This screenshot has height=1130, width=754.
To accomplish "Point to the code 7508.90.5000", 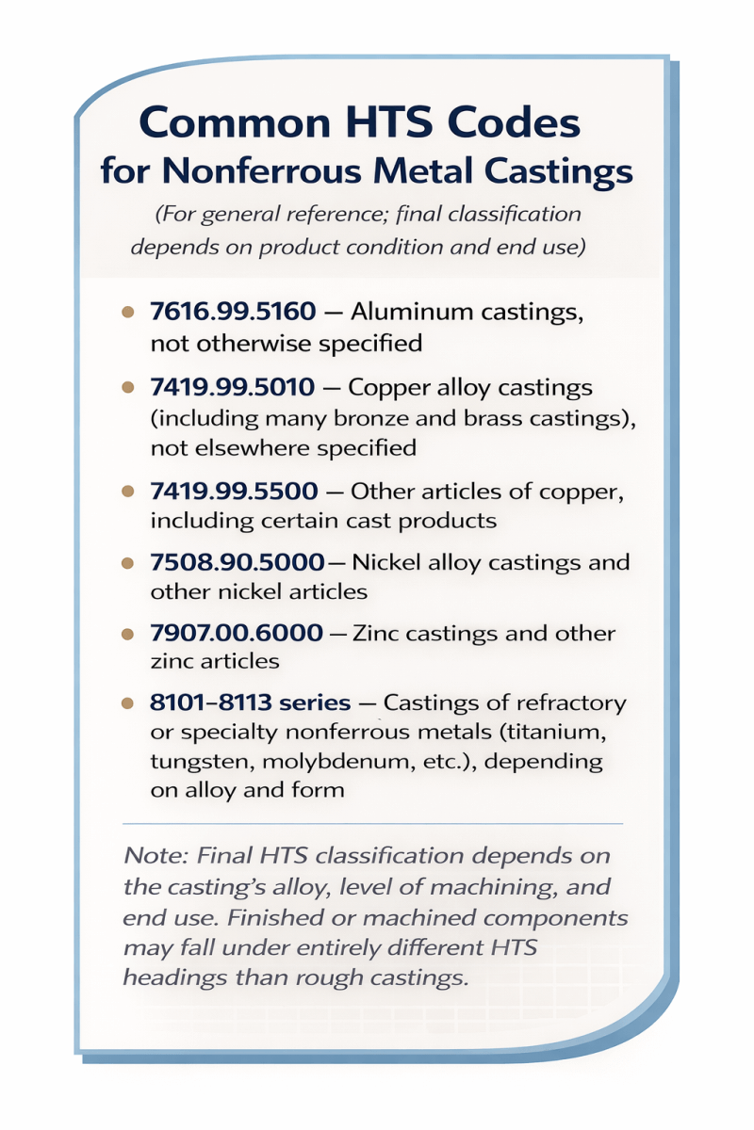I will (237, 562).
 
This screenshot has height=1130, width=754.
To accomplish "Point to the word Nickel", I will (387, 562).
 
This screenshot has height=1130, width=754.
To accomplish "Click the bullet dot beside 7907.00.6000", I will (128, 635).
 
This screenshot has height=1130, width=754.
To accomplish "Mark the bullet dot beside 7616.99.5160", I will (128, 313).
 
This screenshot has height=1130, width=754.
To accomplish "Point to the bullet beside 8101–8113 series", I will (128, 704).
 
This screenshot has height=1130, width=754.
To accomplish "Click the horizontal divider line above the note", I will (373, 824).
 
